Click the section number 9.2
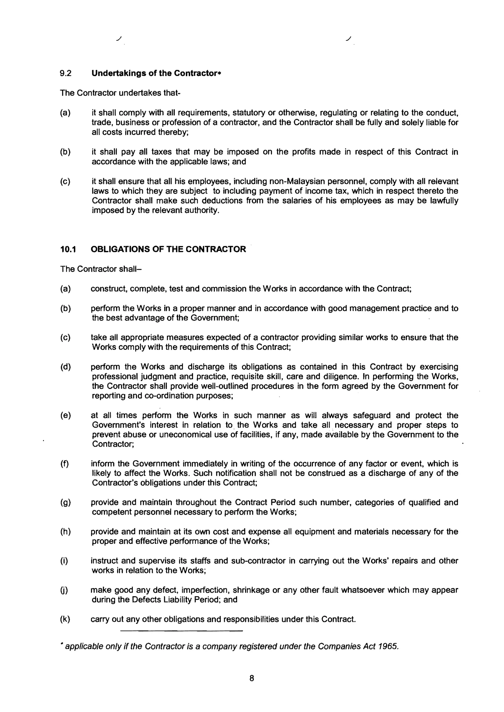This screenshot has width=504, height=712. (65, 73)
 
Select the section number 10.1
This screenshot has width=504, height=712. (68, 249)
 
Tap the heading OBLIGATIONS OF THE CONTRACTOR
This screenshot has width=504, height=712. (168, 249)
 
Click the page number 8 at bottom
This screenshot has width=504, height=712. (252, 679)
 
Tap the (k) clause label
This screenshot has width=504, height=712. (65, 619)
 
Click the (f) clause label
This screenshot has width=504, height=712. (64, 464)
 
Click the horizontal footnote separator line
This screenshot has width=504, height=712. (181, 631)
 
